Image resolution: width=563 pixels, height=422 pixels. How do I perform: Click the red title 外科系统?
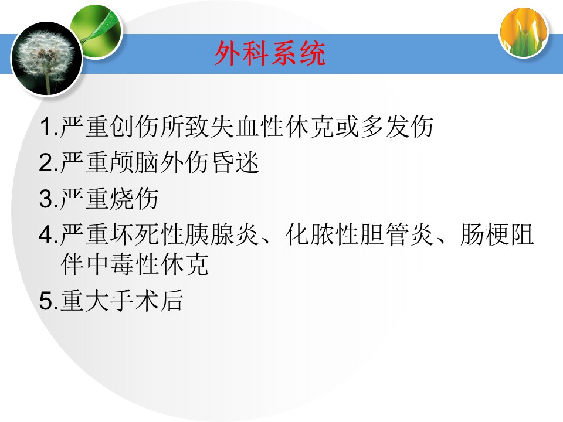(270, 53)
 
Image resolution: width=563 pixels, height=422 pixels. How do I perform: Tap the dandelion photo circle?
(47, 59)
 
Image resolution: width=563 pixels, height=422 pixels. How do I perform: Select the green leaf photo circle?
(96, 31)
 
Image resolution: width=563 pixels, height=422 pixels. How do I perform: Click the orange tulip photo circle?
(524, 33)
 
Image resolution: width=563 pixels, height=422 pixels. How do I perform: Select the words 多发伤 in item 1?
(397, 127)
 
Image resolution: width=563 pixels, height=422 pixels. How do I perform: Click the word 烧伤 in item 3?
(134, 199)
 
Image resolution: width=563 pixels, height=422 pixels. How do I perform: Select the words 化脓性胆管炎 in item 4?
(359, 234)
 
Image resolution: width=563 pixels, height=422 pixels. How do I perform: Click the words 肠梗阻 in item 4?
(497, 234)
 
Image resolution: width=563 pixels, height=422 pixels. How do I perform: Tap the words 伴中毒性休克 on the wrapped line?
(135, 264)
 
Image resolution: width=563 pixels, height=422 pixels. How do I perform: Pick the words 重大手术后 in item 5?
(122, 300)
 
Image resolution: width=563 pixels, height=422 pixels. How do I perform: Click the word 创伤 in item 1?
(134, 127)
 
